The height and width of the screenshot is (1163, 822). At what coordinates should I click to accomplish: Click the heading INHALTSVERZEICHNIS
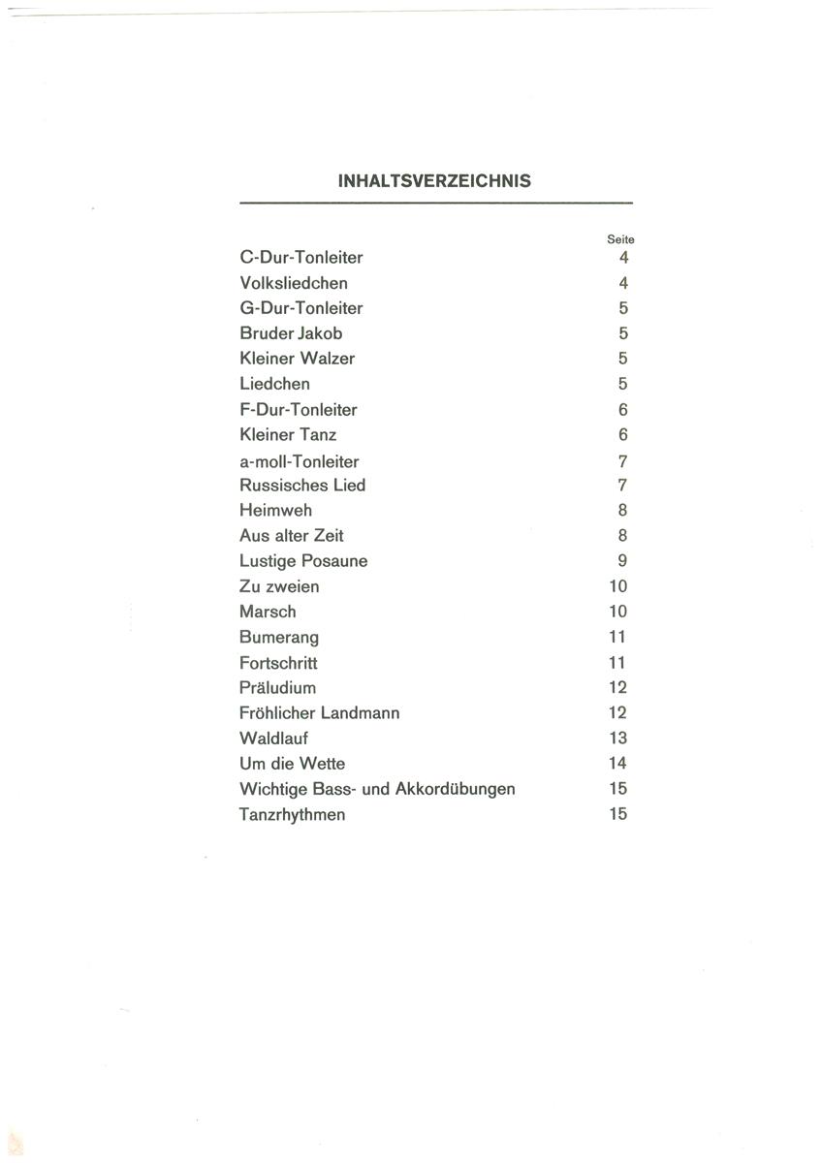click(x=434, y=180)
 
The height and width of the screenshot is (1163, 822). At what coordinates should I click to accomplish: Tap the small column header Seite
click(x=620, y=238)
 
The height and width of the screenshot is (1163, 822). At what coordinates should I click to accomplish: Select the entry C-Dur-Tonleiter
click(x=300, y=258)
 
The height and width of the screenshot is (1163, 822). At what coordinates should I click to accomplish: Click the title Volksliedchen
click(x=293, y=283)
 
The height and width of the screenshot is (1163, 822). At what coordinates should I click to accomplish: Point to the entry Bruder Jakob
click(x=291, y=333)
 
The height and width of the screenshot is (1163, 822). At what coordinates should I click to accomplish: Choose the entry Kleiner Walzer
click(x=297, y=359)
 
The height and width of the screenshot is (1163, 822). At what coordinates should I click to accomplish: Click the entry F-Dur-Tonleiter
click(x=298, y=410)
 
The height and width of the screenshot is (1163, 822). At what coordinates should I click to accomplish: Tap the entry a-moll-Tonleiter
click(x=299, y=461)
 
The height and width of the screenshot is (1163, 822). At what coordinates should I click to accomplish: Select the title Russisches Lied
click(x=302, y=485)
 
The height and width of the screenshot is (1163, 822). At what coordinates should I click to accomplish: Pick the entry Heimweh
click(x=275, y=510)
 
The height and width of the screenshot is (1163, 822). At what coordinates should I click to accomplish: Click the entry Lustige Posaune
click(x=303, y=561)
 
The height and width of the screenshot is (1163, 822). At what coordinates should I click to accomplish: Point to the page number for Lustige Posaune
click(x=622, y=561)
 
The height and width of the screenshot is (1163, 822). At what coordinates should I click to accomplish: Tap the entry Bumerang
click(x=278, y=638)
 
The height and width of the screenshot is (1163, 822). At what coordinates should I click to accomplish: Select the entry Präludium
click(x=277, y=688)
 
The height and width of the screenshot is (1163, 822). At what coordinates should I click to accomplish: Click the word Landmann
click(x=361, y=713)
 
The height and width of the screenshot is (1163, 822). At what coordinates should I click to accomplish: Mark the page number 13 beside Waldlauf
click(x=617, y=739)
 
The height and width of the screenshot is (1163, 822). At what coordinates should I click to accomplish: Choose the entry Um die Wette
click(x=292, y=764)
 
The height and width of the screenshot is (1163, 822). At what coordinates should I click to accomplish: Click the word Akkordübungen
click(x=455, y=789)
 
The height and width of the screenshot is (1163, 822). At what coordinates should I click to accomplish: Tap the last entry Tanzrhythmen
click(x=292, y=814)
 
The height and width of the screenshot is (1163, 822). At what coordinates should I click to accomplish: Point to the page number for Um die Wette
click(x=617, y=764)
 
